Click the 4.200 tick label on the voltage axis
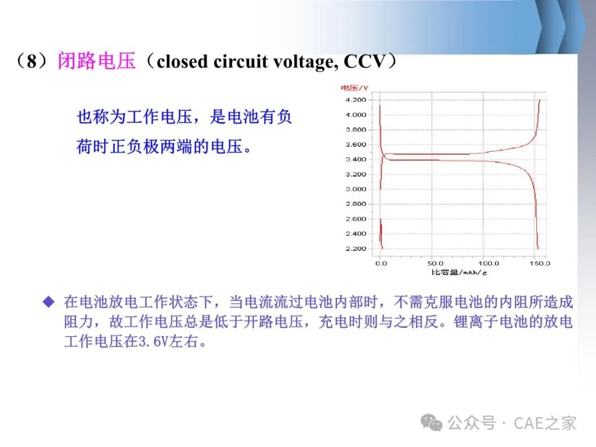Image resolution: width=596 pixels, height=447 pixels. point(356,100)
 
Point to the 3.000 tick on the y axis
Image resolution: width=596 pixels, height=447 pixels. point(356,189)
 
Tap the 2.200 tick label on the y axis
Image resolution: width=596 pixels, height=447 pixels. point(356,249)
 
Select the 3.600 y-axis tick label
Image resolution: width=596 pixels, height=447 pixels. point(356,145)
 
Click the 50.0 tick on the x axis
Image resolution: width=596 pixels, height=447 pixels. point(435,263)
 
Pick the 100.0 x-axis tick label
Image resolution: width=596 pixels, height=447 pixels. point(488,263)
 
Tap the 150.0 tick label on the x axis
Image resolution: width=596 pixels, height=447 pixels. point(540,263)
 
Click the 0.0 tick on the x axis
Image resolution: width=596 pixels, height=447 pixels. point(381,263)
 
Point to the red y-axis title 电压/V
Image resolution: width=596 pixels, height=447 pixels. point(354,88)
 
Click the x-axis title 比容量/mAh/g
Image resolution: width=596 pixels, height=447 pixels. point(459,272)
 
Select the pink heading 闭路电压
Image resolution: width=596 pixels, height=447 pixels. point(97,61)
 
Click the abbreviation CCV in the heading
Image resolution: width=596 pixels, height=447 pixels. point(365,62)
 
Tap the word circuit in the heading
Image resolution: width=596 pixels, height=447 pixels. point(241,62)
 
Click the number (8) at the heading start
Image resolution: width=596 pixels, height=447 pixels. point(32,61)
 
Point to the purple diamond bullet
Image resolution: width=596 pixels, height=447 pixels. point(49,302)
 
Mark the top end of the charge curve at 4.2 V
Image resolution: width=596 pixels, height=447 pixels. point(539,100)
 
